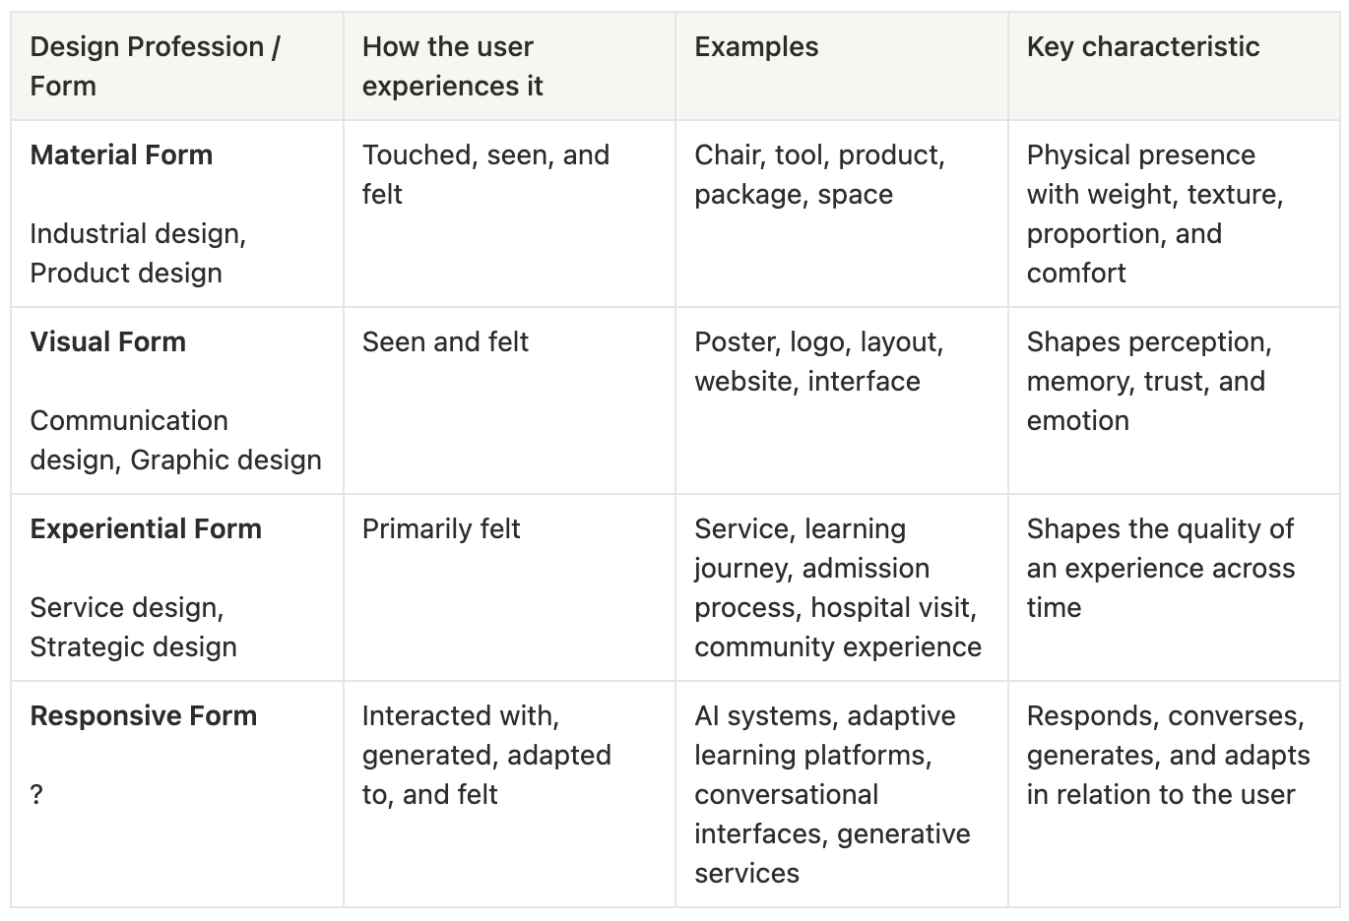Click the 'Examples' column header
click(x=756, y=47)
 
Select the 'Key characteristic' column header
click(x=1142, y=47)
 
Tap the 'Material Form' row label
click(x=121, y=154)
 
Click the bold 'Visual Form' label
click(x=107, y=341)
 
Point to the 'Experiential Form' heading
click(x=146, y=529)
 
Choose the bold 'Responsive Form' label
click(x=144, y=716)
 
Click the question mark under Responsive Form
click(x=36, y=795)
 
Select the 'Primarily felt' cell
click(x=441, y=529)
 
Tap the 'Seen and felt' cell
click(x=445, y=341)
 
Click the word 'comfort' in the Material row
click(x=1076, y=274)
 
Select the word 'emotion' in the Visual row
click(x=1078, y=421)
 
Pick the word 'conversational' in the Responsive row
click(x=786, y=795)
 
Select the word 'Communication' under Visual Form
click(x=129, y=421)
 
